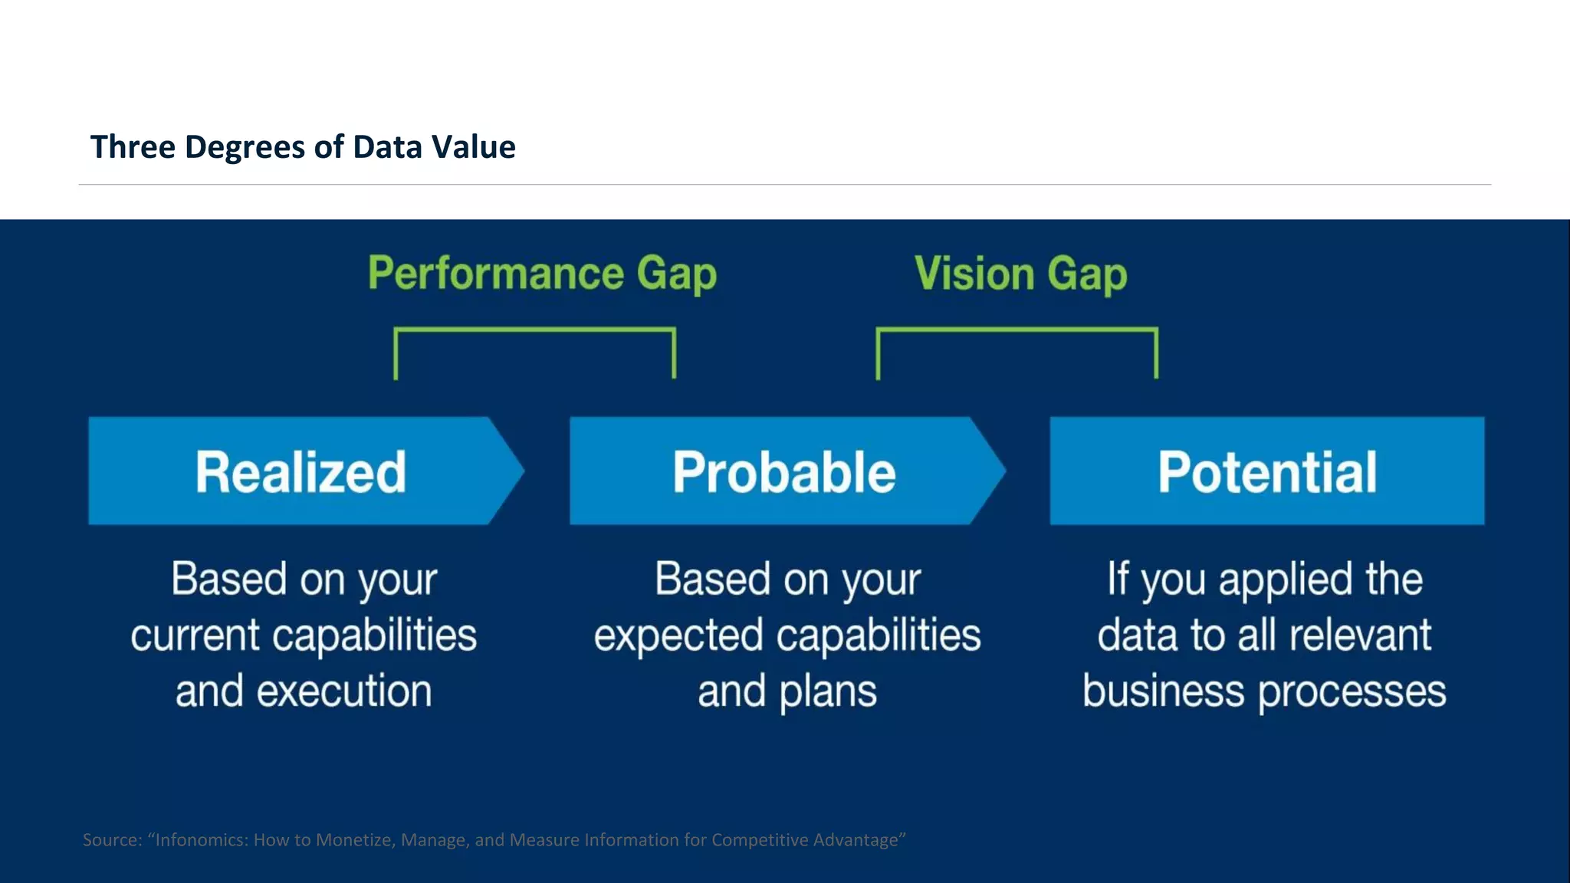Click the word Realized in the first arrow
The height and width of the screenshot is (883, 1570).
coord(301,471)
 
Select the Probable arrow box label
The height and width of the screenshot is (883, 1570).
coord(784,471)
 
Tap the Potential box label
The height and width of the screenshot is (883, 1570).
coord(1266,471)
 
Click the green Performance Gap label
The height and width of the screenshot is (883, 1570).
coord(542,274)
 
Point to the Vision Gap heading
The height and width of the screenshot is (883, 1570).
coord(1020,274)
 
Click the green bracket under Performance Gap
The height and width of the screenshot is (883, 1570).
coord(534,331)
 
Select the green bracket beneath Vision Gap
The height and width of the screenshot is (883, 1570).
coord(1017,331)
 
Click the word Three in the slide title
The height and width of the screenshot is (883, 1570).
coord(133,147)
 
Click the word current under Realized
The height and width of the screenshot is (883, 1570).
coord(195,635)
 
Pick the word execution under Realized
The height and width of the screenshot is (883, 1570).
coord(344,691)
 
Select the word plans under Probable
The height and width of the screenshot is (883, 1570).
coord(828,691)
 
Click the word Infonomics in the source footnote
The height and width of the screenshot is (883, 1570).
coord(201,840)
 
